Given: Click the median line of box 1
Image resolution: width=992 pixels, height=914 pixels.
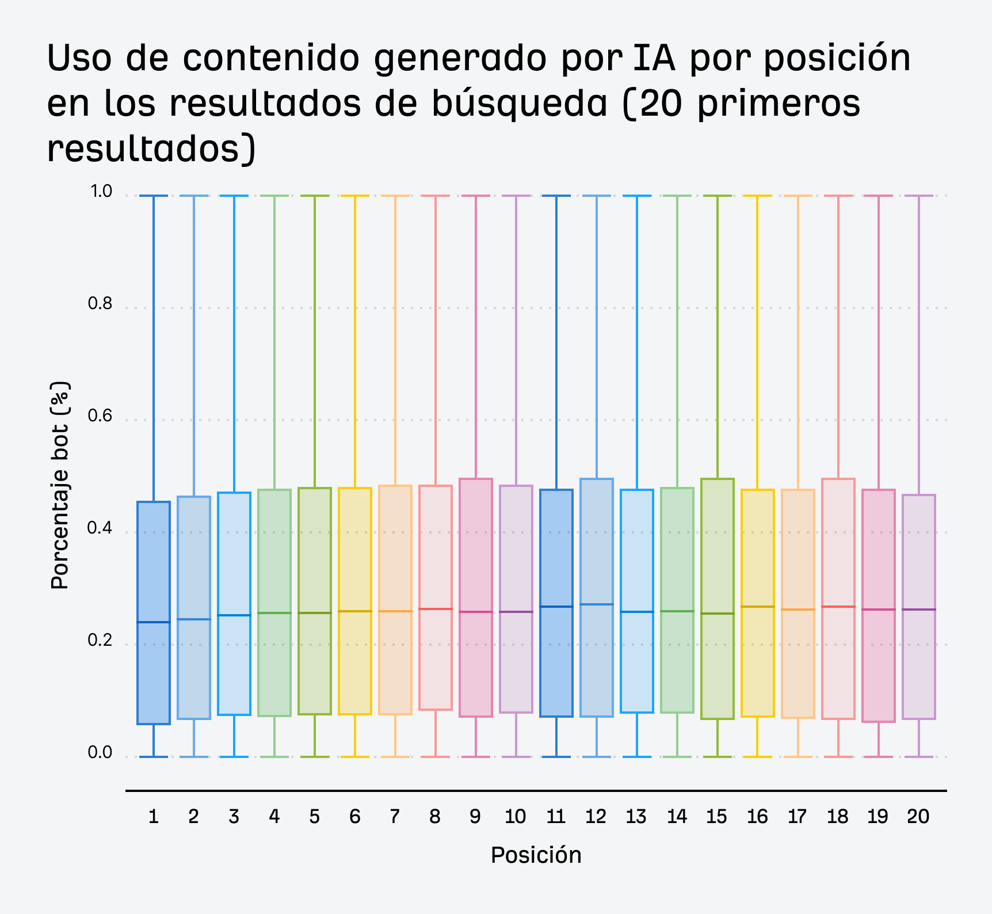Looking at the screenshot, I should [154, 622].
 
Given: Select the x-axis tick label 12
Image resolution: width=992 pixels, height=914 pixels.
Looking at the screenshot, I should [596, 817].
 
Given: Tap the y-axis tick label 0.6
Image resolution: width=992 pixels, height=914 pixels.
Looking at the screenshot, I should [100, 416].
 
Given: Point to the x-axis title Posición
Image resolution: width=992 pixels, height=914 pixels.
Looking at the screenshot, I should [536, 855].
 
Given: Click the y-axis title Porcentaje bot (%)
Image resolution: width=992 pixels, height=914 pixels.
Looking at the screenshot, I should [60, 485].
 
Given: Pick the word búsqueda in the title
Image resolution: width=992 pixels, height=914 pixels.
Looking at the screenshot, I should [520, 104].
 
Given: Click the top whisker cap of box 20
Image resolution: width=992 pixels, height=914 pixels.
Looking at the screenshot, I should [919, 196].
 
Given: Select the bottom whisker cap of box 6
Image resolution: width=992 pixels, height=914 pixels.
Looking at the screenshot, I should [355, 756].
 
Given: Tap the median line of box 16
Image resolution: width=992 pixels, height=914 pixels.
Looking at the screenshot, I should [758, 607].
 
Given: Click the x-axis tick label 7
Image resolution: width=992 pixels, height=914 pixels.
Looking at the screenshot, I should [395, 817].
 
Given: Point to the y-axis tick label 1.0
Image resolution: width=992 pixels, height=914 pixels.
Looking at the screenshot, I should [100, 191].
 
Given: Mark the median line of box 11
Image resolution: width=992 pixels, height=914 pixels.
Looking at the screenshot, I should [556, 607].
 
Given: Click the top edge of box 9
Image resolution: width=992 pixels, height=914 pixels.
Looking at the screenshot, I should [476, 479].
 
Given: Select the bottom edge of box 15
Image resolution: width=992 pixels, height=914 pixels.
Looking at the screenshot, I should [718, 719].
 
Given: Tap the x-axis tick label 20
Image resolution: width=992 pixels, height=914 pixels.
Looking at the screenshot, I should [918, 817].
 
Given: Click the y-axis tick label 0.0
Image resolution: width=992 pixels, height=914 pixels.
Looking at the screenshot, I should [100, 752].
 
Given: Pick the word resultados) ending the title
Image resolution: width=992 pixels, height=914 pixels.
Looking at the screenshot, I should [151, 148].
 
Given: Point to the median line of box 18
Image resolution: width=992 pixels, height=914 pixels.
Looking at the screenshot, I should [838, 607].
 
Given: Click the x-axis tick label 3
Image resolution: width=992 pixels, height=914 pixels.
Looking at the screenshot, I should [234, 817].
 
